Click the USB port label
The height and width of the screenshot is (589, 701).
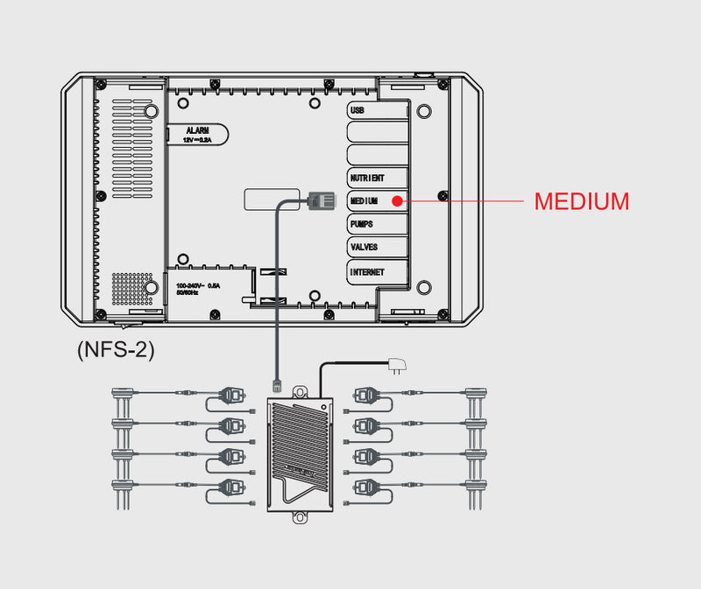click(x=357, y=111)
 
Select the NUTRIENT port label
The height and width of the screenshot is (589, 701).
click(x=367, y=178)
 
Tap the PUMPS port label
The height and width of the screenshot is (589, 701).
click(x=362, y=224)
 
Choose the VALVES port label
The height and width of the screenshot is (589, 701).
click(x=364, y=247)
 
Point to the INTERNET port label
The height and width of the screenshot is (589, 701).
click(x=367, y=271)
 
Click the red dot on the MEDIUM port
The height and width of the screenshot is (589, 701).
click(x=397, y=200)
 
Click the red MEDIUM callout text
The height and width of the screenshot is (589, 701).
click(x=581, y=201)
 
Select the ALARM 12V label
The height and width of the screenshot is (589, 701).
click(x=197, y=133)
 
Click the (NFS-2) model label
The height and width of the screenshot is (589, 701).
click(x=116, y=350)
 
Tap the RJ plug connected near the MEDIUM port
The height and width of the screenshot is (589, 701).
click(x=321, y=200)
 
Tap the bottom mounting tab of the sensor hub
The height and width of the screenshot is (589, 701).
click(x=300, y=517)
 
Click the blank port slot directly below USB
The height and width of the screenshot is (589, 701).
click(x=378, y=132)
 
